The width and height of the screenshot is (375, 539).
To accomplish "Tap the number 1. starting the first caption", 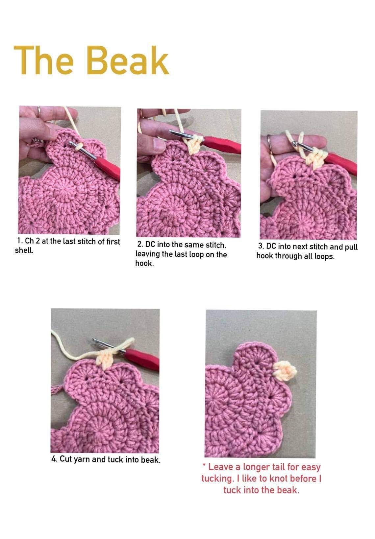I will [x=20, y=241].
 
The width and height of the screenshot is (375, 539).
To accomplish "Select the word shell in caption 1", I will [x=24, y=250].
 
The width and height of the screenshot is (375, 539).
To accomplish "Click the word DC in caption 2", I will [x=150, y=245].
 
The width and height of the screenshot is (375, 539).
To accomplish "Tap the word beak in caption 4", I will [x=150, y=459].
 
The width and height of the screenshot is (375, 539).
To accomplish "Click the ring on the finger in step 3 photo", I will [x=269, y=139].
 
